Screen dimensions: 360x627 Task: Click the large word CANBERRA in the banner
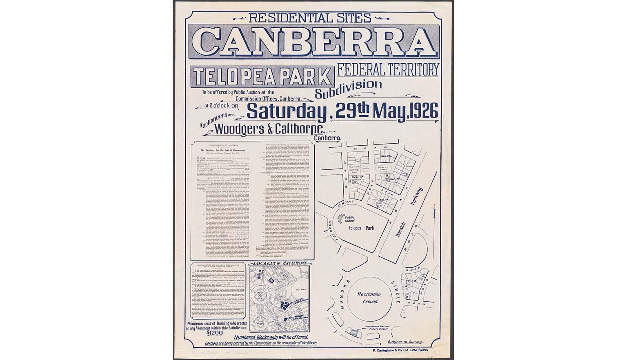tap(313, 43)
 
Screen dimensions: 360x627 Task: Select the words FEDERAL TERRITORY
tap(388, 69)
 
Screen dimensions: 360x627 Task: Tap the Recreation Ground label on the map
tap(369, 298)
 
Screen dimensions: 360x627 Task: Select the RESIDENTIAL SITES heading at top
tap(309, 18)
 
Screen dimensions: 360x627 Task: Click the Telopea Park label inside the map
tap(364, 228)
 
